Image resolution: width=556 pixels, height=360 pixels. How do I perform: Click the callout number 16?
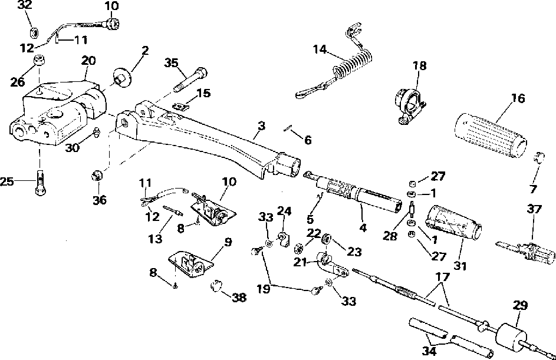[x=518, y=98]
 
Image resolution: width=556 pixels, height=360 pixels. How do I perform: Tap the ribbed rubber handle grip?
[x=491, y=136]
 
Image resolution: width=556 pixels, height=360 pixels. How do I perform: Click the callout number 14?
[x=320, y=49]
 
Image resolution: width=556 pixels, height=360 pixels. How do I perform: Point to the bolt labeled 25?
[x=40, y=183]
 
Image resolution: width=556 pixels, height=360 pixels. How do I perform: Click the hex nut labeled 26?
[x=40, y=61]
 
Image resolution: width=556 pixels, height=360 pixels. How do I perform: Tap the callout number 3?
[x=261, y=125]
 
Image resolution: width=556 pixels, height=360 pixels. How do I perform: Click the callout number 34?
[x=429, y=351]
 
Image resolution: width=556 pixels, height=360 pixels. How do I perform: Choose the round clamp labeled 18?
[x=410, y=105]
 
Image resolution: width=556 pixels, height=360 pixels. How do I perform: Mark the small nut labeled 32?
[x=34, y=32]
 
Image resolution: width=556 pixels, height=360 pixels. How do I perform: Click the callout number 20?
[x=88, y=61]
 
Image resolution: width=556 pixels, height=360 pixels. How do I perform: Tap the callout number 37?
[x=534, y=209]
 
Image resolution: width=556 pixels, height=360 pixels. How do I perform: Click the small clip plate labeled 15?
[x=180, y=105]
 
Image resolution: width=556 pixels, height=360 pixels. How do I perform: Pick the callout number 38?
[x=239, y=298]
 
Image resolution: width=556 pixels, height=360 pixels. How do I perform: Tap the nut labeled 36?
[x=97, y=175]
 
